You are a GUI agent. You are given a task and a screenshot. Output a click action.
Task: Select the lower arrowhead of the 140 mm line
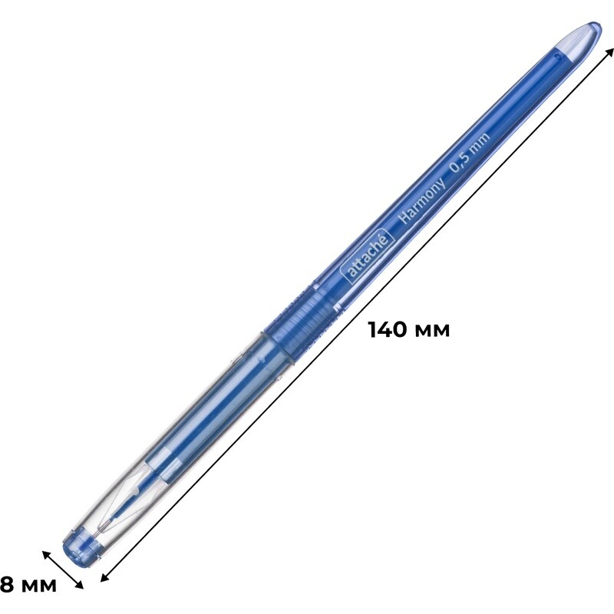point(105,577)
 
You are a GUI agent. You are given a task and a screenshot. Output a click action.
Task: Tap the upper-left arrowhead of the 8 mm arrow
point(47,554)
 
